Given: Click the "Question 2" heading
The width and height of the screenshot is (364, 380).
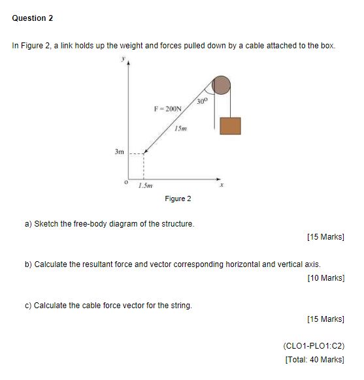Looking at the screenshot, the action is click(x=33, y=18).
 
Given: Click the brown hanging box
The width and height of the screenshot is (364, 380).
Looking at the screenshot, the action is click(x=230, y=125).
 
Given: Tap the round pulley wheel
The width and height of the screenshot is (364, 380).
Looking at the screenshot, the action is click(x=222, y=85).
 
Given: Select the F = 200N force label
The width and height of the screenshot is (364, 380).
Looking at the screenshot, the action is click(x=168, y=108).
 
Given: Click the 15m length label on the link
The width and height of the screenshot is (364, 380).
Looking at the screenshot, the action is click(x=182, y=129).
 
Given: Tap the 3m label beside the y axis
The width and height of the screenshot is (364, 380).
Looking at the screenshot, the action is click(x=118, y=151).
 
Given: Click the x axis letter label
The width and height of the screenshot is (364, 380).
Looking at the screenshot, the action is click(x=222, y=185).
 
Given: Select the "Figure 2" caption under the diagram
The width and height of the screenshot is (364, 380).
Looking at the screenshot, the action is click(x=178, y=198).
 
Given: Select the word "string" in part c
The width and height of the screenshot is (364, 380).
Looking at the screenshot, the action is click(x=180, y=305).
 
